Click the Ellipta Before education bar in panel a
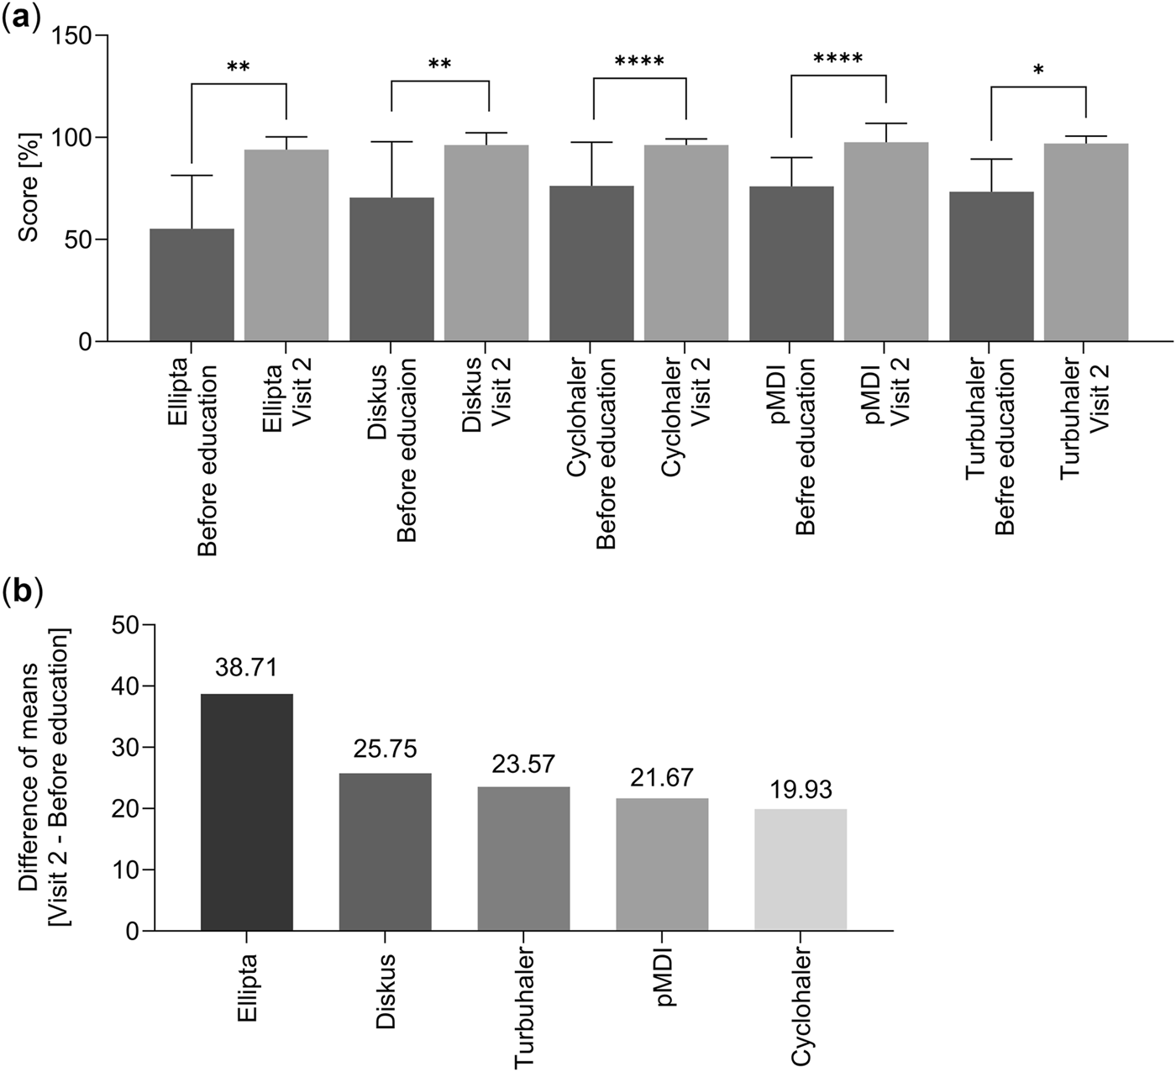click(x=192, y=286)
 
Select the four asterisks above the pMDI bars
click(x=837, y=60)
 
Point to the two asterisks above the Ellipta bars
click(x=239, y=67)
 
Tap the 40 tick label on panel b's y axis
click(x=122, y=686)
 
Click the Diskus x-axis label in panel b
click(x=385, y=991)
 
